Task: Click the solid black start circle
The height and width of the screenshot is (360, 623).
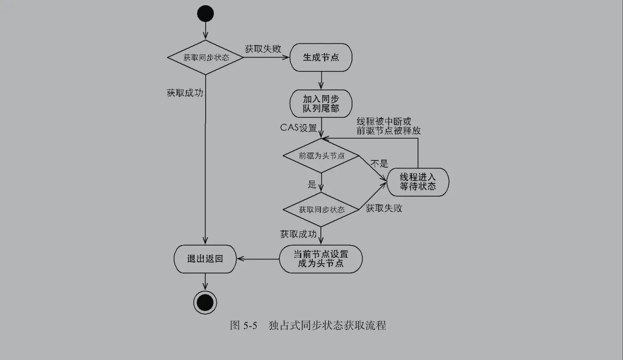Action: coord(205,14)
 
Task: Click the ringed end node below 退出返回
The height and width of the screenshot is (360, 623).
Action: coord(205,302)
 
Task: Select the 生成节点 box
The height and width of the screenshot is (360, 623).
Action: coord(321,58)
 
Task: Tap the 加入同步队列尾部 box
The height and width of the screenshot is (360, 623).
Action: coord(321,103)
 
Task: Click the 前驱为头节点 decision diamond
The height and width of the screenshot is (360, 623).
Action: coord(321,156)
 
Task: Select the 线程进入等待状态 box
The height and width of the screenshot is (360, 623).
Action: coord(418,182)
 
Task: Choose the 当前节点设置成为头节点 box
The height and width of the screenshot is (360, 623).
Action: coord(321,259)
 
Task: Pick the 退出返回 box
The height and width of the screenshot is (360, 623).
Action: coord(205,259)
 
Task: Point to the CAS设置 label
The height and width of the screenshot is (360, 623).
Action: coord(299,128)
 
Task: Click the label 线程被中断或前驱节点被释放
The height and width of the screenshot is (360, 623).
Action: coord(388,126)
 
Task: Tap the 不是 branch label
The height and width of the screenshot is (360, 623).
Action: coord(380,164)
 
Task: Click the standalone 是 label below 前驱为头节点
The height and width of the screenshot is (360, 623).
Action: coord(311,185)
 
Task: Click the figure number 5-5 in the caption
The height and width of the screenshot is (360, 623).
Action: coord(250,326)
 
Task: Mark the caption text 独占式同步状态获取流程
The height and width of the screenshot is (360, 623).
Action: coord(327,326)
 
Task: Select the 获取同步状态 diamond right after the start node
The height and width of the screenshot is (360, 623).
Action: coord(206,58)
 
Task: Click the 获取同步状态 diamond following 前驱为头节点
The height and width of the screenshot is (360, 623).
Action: coord(321,210)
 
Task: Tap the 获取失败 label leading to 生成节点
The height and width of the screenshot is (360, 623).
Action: coord(263,49)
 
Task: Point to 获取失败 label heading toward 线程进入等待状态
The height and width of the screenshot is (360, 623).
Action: coord(384,208)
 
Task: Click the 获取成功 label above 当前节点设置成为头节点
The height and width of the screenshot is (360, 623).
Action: coord(298,234)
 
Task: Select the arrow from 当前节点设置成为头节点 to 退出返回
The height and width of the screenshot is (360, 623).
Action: coord(258,259)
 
